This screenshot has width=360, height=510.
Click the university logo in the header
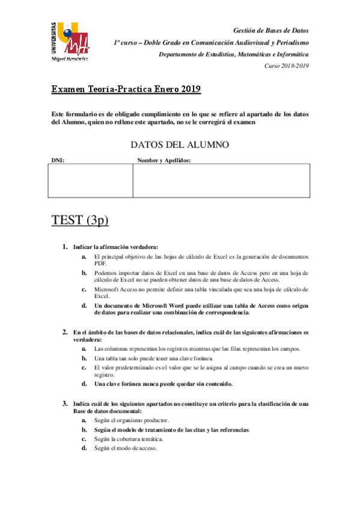[x=70, y=41]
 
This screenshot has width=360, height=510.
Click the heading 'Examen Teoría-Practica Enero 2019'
[x=126, y=90]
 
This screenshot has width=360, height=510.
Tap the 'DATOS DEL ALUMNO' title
[x=179, y=145]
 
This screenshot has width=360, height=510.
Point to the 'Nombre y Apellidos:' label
[x=163, y=161]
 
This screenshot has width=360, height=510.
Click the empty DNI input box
[x=91, y=180]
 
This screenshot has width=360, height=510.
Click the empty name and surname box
[x=221, y=180]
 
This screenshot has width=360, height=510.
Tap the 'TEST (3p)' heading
[x=81, y=220]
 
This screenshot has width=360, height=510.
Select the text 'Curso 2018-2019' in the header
[x=287, y=66]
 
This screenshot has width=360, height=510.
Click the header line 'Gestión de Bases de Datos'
[x=270, y=31]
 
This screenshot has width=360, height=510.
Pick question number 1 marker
[x=65, y=247]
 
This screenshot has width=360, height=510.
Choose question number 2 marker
[x=65, y=331]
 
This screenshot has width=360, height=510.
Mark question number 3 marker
[x=65, y=403]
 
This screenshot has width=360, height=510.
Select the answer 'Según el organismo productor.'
[x=132, y=420]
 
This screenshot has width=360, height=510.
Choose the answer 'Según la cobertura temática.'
[x=129, y=439]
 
